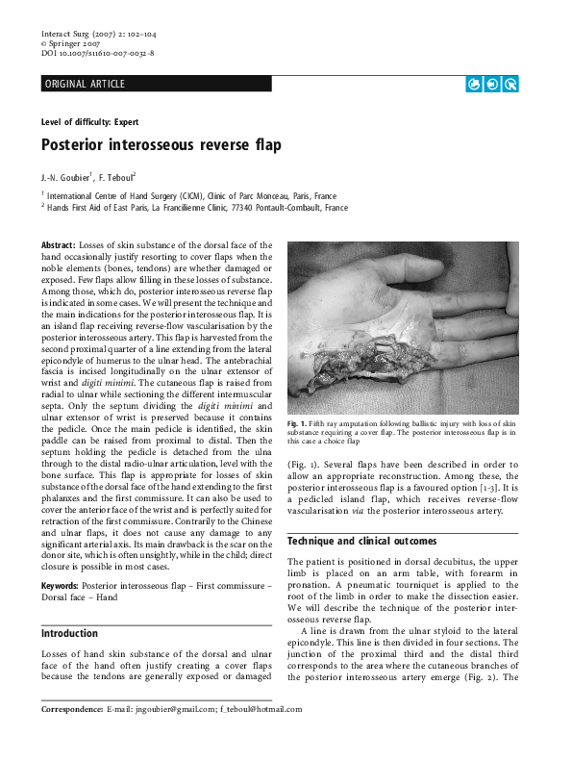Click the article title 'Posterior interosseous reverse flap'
161,146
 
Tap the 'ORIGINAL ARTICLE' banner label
85,85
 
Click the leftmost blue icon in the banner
473,85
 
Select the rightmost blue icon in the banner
510,85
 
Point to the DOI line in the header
97,54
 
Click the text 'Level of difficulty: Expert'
89,122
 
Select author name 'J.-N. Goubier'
65,178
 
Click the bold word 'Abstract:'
58,246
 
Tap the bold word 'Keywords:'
60,586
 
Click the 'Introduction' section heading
69,634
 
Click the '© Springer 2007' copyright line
70,44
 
